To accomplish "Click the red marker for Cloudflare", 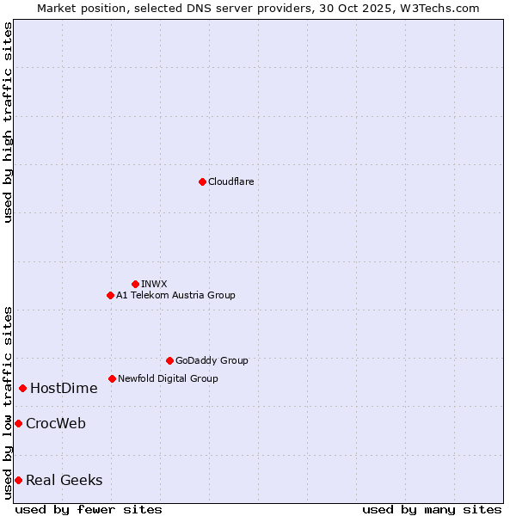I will (202, 181).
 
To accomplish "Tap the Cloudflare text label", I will (230, 181).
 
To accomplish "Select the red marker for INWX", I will (135, 284).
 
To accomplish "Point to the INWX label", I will (154, 284).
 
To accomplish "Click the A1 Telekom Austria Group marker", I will (110, 295).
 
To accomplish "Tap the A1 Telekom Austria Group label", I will (175, 295).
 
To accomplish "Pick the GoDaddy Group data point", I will (169, 360).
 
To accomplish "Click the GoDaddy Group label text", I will (212, 360).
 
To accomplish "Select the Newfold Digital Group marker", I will (112, 378).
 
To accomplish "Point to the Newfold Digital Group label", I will (168, 378).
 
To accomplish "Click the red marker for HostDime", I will (22, 388).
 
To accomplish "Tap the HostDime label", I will (64, 388).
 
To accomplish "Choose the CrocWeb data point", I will (18, 423).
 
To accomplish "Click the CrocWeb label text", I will (56, 423).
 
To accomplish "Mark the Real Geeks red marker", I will (18, 480).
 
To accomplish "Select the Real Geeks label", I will (64, 480).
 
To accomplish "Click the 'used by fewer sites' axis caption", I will (89, 509).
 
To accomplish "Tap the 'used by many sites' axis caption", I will (432, 509).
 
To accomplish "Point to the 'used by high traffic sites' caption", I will (8, 122).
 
